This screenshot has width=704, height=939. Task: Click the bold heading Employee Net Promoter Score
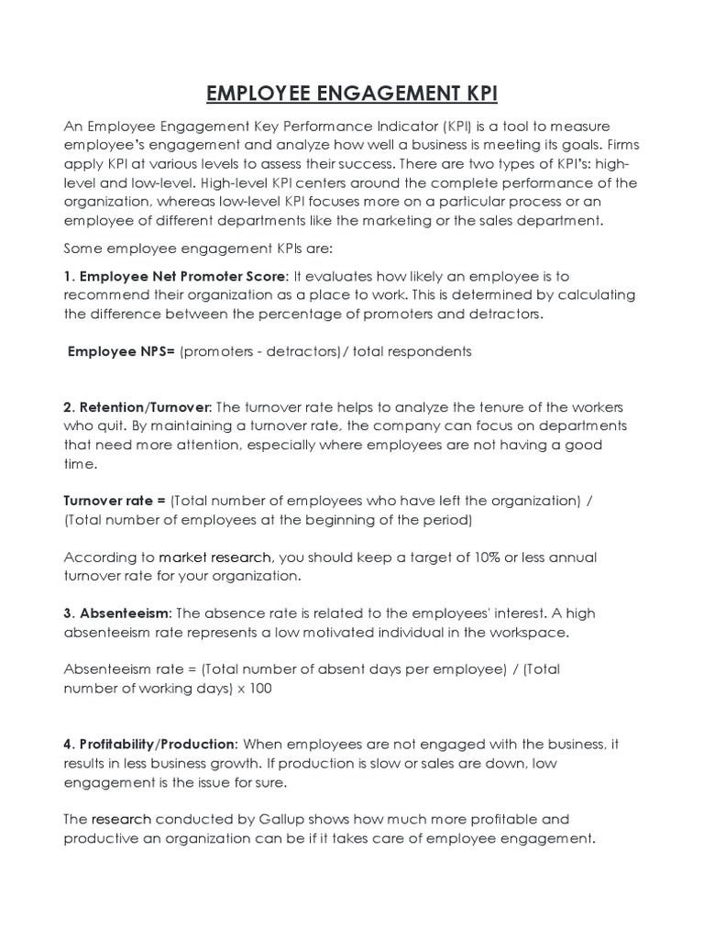(183, 276)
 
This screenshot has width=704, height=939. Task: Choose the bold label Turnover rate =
(115, 501)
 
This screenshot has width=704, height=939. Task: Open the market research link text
(214, 558)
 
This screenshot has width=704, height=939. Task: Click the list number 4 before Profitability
(68, 744)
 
